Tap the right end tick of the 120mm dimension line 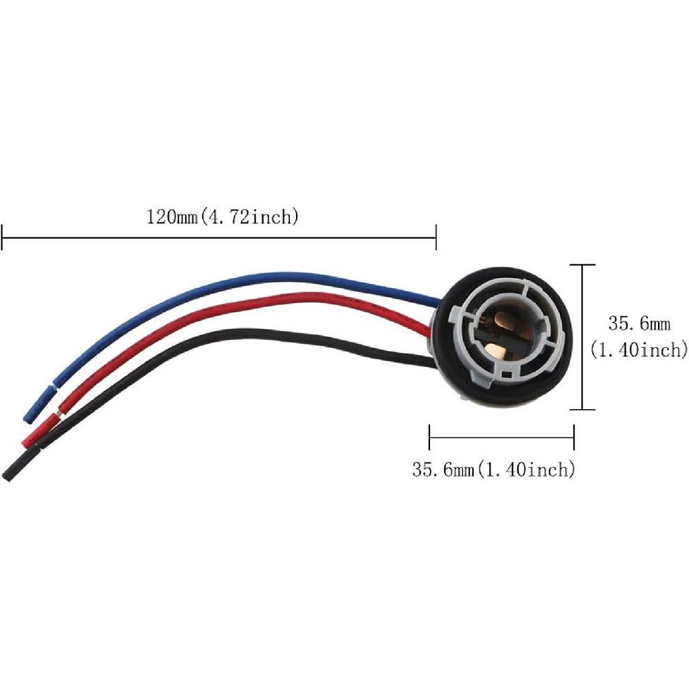436,237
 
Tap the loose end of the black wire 8,475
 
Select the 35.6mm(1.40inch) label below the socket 494,469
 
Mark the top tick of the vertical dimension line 583,265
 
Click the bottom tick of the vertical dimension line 583,409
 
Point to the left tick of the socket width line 429,437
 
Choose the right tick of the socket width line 573,437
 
